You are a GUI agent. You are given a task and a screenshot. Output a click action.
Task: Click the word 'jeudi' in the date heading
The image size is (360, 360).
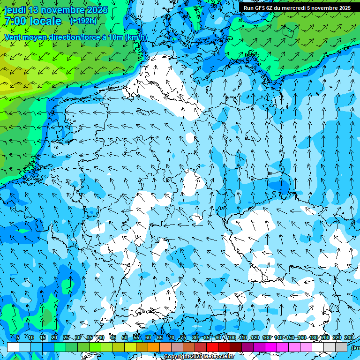coord(15,10)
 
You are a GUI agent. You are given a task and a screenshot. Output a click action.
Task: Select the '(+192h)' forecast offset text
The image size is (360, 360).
coord(83,21)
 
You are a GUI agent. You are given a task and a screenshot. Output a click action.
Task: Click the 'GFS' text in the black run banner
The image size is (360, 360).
coord(265,8)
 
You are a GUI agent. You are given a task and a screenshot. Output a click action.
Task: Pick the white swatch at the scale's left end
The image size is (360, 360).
coord(13,347)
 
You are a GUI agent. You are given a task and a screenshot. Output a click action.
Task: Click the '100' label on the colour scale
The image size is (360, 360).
coord(232,338)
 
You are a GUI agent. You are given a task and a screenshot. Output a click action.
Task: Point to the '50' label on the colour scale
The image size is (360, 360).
coord(125,338)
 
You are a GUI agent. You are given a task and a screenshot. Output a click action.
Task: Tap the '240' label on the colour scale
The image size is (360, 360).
coord(348,338)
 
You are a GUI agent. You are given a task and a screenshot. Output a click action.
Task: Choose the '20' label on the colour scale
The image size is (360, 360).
coord(54,338)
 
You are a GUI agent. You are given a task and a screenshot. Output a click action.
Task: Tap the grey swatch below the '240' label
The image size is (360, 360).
coord(341,347)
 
